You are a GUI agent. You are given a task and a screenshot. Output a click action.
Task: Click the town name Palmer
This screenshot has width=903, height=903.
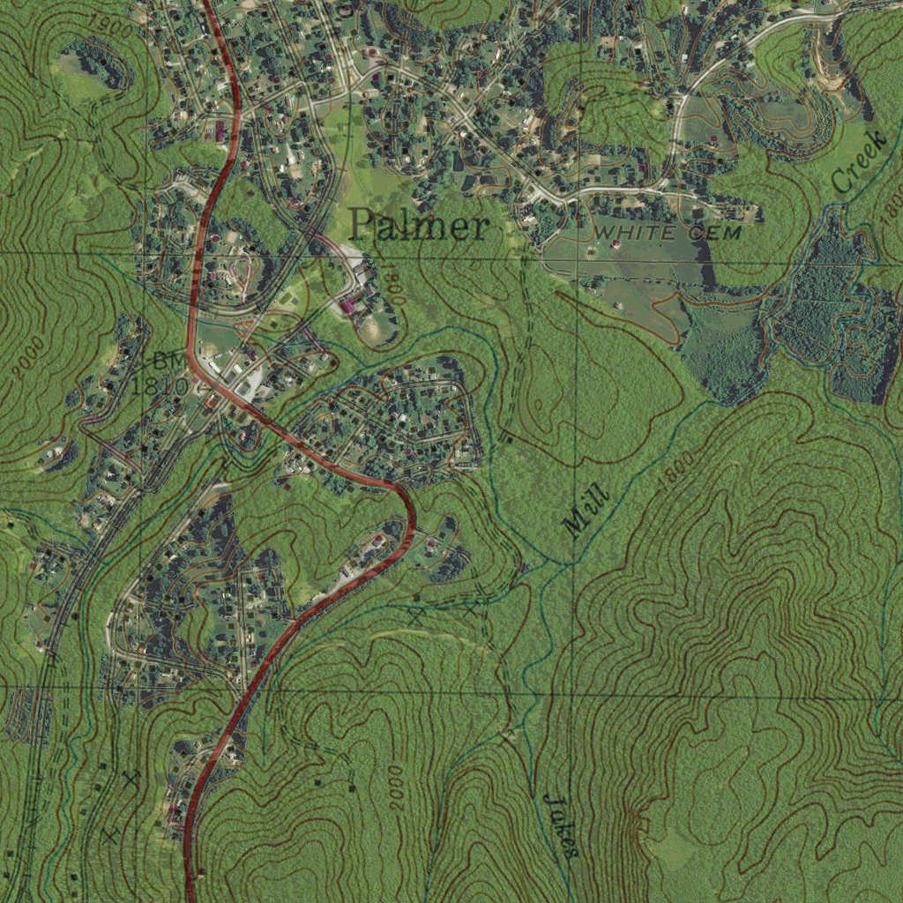pos(418,227)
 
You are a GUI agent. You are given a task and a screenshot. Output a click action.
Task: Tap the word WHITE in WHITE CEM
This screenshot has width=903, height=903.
pos(630,232)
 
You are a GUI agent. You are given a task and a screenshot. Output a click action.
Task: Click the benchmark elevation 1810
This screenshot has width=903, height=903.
pos(159,385)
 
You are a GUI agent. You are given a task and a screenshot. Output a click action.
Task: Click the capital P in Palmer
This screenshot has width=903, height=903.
pos(362,226)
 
